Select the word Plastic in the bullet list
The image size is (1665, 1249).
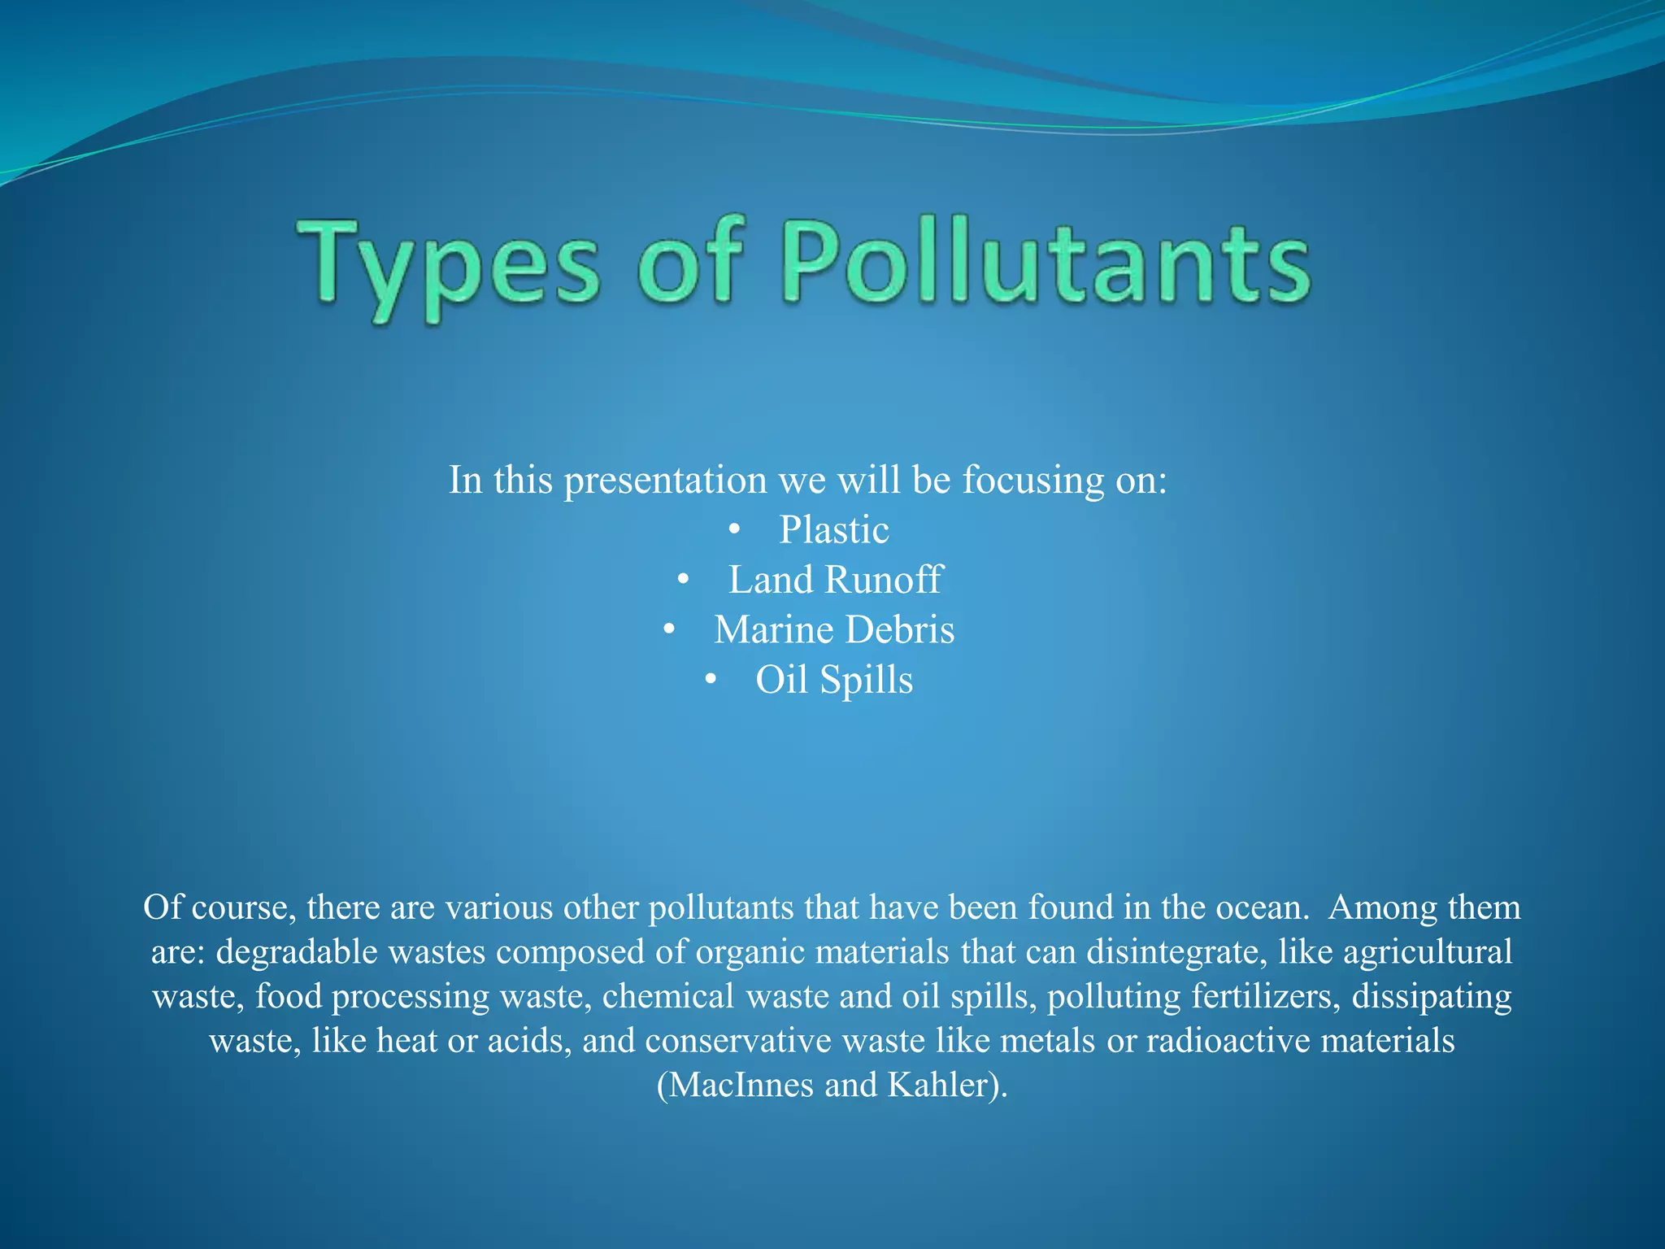coord(834,530)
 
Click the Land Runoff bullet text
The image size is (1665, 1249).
coord(834,581)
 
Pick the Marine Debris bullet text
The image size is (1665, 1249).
coord(834,630)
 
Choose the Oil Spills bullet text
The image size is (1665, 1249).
coord(834,681)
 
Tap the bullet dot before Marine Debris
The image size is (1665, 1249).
coord(669,630)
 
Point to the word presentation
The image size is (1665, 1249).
coord(665,481)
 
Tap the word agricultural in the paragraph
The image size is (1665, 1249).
coord(1428,952)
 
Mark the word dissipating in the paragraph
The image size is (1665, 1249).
coord(1432,997)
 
